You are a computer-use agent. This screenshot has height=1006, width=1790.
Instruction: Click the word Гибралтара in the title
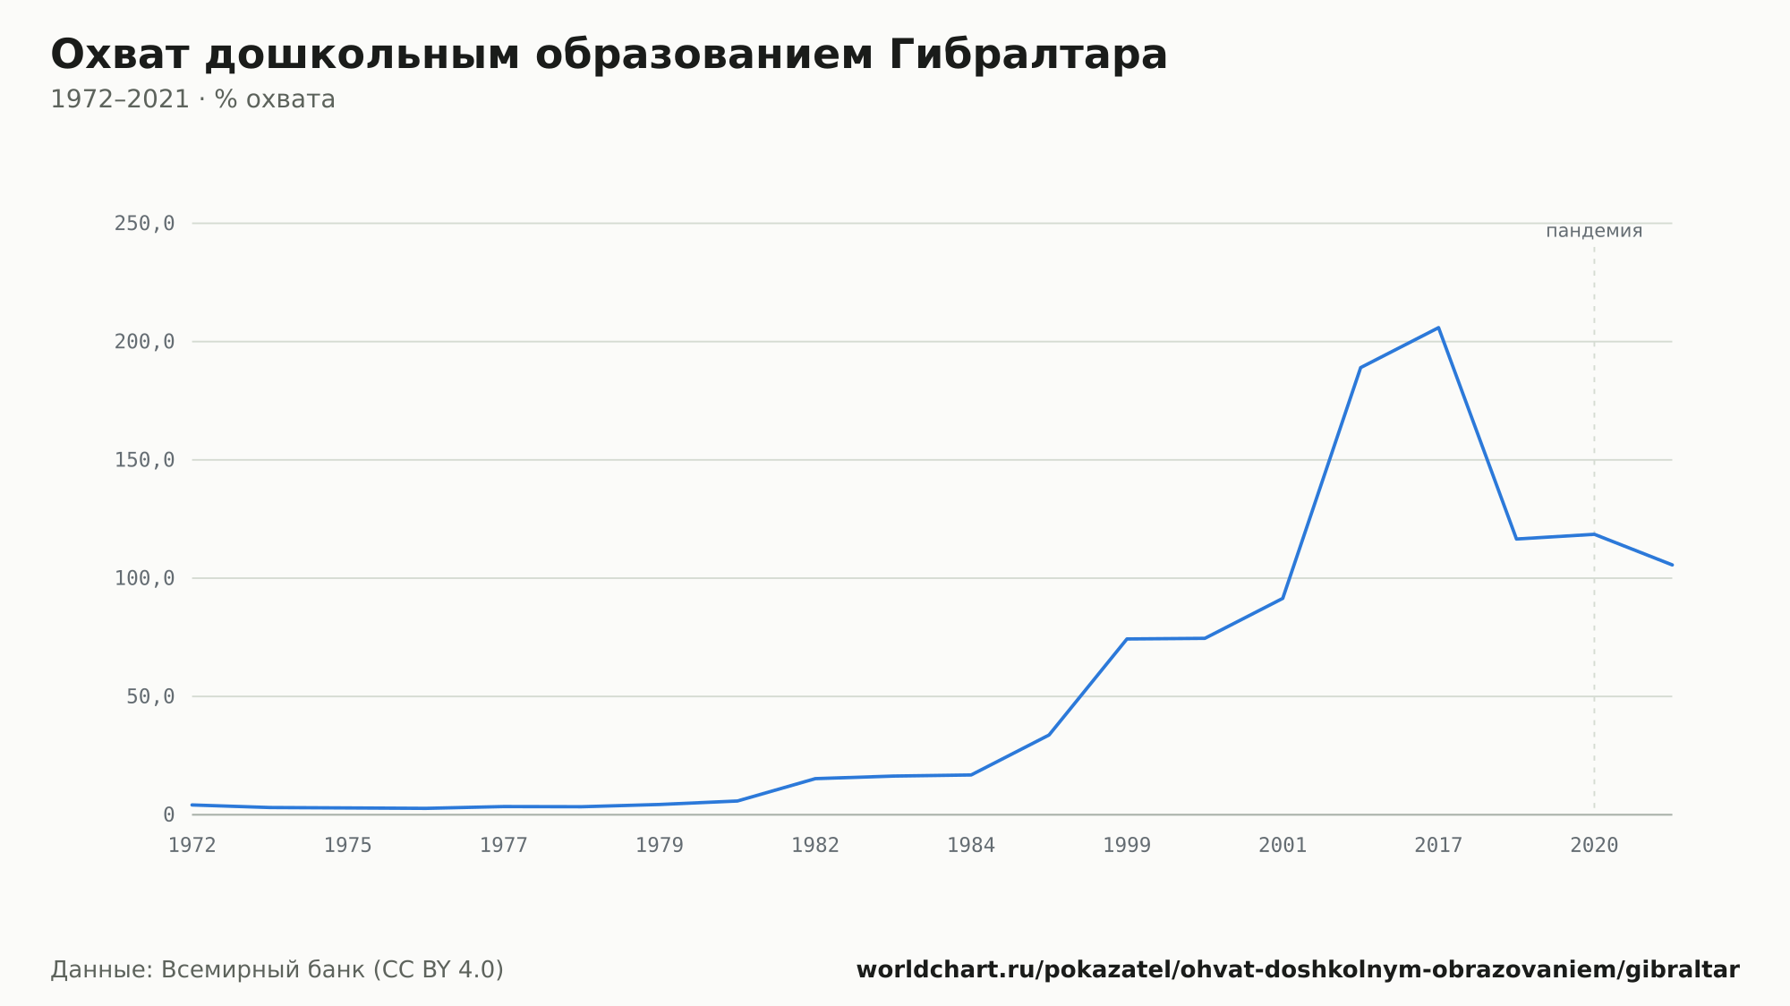(x=1028, y=55)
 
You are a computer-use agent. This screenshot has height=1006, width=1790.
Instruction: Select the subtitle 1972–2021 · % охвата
(x=192, y=99)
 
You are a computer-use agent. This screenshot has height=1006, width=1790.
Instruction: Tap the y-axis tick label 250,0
(x=144, y=224)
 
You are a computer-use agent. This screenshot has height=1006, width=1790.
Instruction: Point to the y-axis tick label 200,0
(x=144, y=342)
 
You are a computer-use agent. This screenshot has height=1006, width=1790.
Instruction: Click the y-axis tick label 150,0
(x=144, y=460)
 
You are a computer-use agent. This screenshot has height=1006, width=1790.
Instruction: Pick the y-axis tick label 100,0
(x=144, y=578)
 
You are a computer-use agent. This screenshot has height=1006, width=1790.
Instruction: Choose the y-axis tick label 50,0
(x=150, y=696)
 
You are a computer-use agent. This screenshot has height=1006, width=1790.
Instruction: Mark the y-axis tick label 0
(x=169, y=815)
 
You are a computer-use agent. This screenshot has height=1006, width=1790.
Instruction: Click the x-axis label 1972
(x=192, y=846)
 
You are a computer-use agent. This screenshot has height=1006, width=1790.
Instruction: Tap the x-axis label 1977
(x=504, y=846)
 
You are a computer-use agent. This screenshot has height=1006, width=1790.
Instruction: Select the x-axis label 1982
(x=815, y=846)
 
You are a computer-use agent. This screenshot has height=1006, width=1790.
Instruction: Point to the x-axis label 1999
(x=1127, y=846)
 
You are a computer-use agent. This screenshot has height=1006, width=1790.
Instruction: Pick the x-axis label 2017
(x=1438, y=846)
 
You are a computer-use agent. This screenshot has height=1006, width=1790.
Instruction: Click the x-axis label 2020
(x=1594, y=846)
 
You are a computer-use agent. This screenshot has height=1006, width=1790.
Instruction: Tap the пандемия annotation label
(x=1594, y=231)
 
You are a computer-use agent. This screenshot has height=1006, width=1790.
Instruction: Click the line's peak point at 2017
(x=1438, y=328)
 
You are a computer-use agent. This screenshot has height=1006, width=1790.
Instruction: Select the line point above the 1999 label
(x=1127, y=639)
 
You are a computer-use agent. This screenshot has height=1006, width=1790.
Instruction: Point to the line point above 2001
(x=1283, y=598)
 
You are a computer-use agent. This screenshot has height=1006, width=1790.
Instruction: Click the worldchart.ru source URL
(x=1298, y=970)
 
